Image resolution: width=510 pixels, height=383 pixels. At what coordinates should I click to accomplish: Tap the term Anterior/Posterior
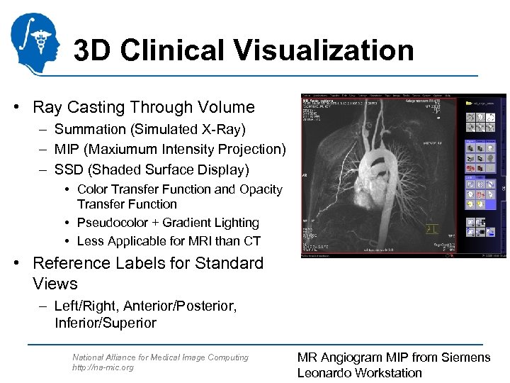point(180,306)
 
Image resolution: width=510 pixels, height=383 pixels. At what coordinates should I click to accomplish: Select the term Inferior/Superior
point(106,323)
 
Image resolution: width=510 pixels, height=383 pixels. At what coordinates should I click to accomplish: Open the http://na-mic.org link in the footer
point(103,368)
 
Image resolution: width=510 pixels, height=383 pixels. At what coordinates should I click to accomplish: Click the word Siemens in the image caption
point(465,357)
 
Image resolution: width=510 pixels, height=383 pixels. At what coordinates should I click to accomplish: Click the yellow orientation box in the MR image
point(431,228)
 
